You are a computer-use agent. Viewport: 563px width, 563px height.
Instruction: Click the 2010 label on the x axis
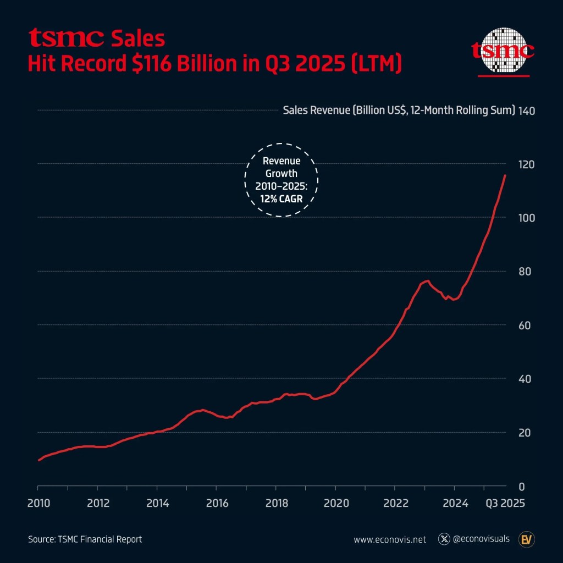38,503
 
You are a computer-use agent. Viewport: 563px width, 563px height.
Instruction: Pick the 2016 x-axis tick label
217,503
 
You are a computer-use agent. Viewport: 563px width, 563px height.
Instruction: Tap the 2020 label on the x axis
336,503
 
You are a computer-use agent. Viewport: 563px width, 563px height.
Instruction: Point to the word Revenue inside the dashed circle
282,161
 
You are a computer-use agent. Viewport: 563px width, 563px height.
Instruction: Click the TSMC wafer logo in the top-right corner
504,52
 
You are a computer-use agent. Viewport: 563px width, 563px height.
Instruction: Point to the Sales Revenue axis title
399,111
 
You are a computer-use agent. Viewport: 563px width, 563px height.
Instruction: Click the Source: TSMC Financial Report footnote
85,539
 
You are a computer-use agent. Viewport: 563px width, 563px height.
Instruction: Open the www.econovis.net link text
390,539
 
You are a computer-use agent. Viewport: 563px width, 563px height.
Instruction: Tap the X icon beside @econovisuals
444,539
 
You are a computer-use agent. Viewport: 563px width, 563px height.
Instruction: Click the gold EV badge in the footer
527,539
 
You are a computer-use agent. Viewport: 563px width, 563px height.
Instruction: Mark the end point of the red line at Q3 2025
505,175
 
